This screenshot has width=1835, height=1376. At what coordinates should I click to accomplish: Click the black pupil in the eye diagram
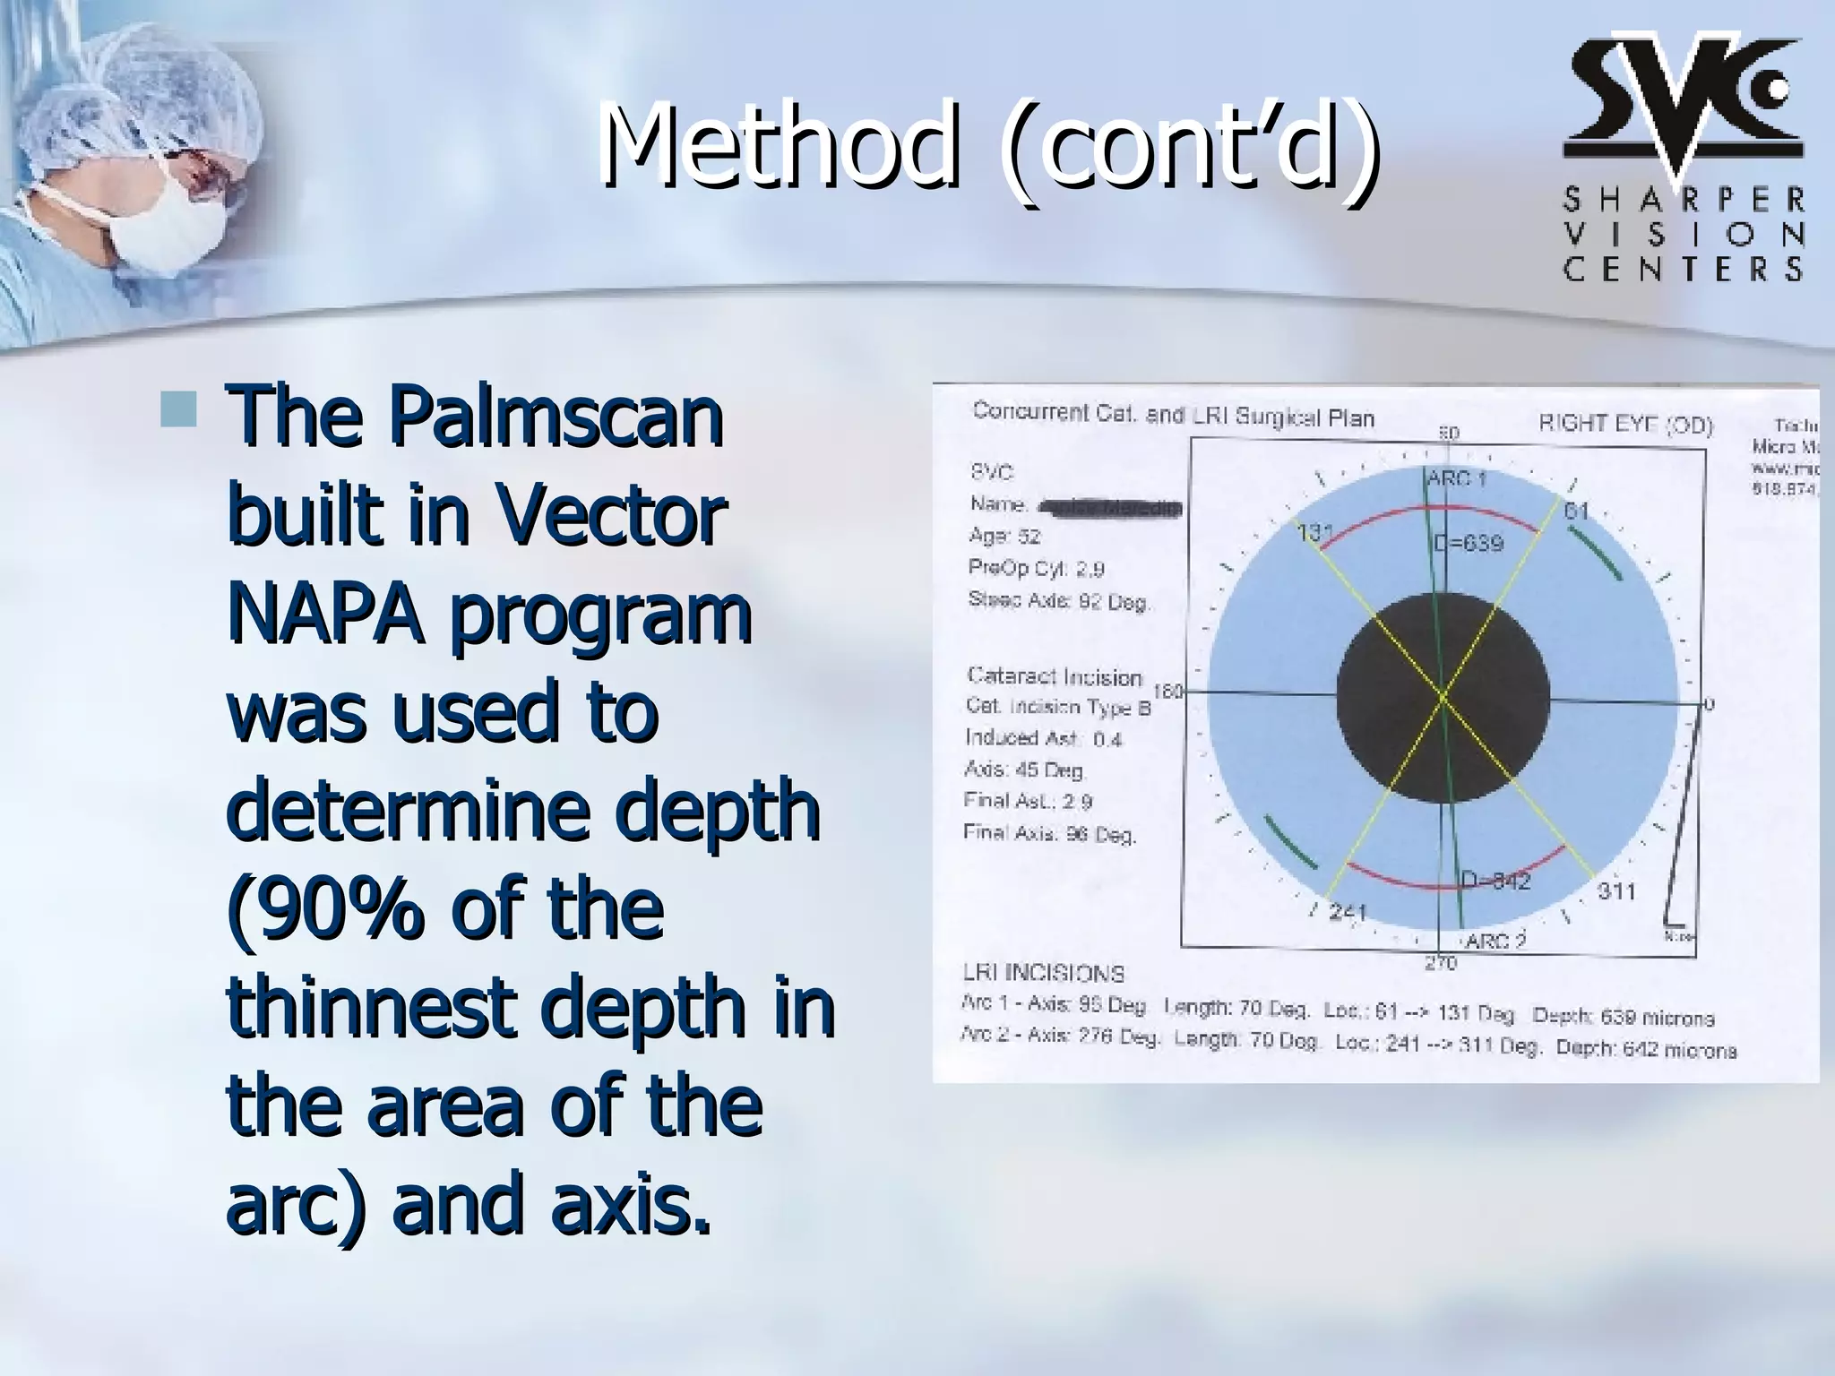click(x=1443, y=697)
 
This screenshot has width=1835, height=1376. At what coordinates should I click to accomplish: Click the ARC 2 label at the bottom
click(x=1495, y=942)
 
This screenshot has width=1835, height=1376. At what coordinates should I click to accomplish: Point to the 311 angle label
click(x=1616, y=891)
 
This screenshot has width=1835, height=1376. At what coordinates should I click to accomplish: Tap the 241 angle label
click(x=1347, y=913)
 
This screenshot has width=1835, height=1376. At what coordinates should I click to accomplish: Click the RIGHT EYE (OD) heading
click(x=1625, y=424)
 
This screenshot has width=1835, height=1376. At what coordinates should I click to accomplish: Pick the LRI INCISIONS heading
click(x=1043, y=972)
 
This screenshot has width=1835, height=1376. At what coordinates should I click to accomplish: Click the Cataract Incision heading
click(x=1055, y=676)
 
